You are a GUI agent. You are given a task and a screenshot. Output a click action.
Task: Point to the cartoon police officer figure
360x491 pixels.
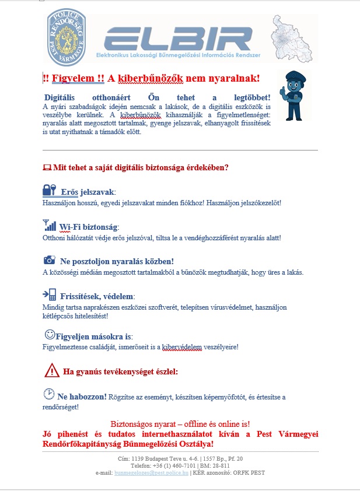pyautogui.click(x=294, y=95)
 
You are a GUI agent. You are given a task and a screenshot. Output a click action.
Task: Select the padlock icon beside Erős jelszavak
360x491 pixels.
pyautogui.click(x=49, y=190)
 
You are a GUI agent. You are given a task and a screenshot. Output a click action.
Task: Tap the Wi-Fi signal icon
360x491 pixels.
pyautogui.click(x=50, y=225)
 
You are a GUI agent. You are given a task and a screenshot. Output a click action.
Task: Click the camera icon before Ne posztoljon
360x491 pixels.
pyautogui.click(x=50, y=260)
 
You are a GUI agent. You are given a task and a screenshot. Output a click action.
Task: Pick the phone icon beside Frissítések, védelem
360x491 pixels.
pyautogui.click(x=50, y=294)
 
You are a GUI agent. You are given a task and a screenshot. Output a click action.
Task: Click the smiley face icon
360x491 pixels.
pyautogui.click(x=50, y=335)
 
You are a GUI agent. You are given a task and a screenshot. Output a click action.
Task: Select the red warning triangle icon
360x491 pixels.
pyautogui.click(x=52, y=370)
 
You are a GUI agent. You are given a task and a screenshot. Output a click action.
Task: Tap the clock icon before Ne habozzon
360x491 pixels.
pyautogui.click(x=49, y=394)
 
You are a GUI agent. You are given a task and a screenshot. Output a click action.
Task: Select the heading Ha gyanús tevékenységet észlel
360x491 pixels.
pyautogui.click(x=120, y=371)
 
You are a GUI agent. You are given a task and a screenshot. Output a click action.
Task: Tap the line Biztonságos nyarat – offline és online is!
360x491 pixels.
pyautogui.click(x=180, y=424)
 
